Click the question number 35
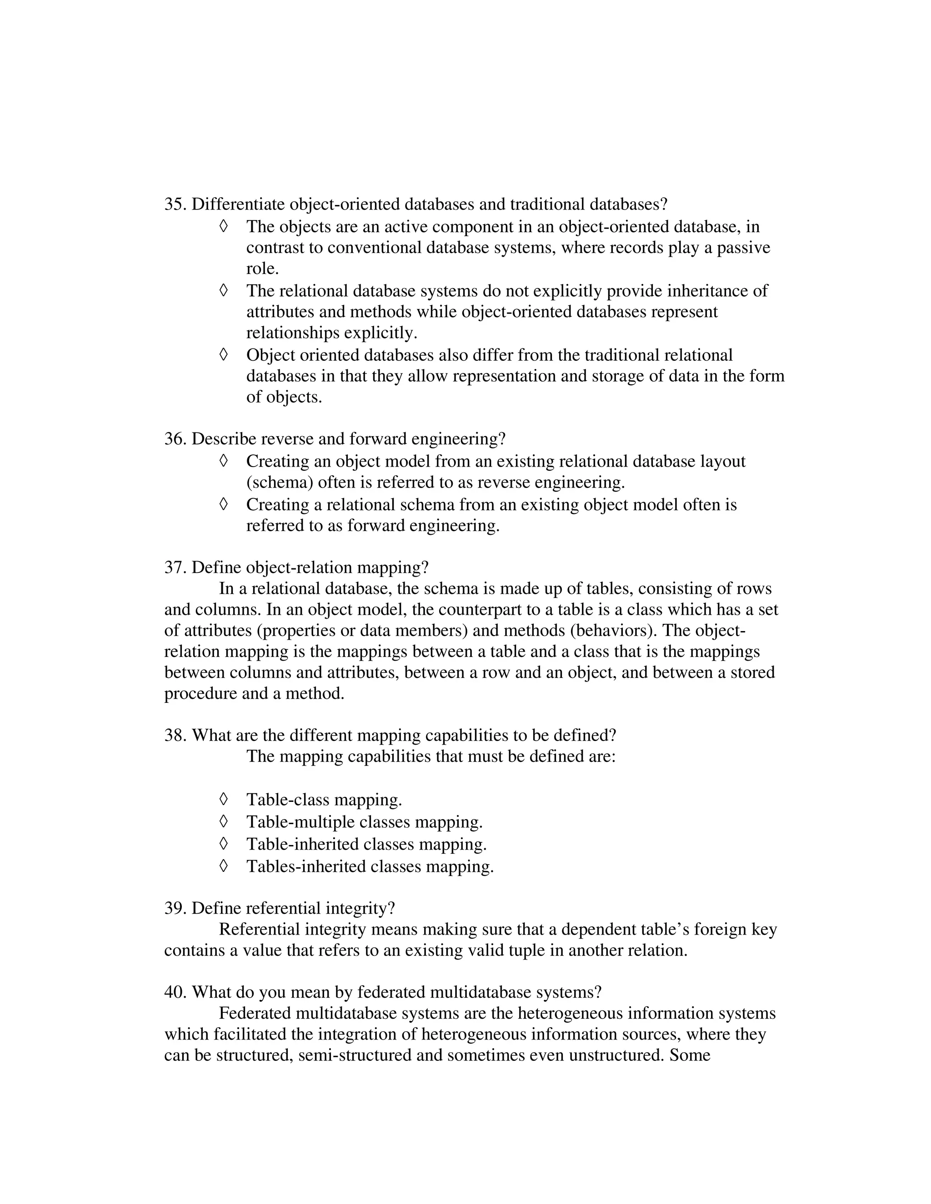point(175,204)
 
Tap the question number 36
point(175,439)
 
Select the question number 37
point(175,568)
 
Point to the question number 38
point(175,736)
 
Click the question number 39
point(175,909)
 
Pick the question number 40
point(175,992)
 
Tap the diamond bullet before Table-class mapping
point(223,799)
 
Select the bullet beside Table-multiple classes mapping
point(223,821)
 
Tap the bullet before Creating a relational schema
point(223,504)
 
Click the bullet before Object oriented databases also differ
point(223,354)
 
